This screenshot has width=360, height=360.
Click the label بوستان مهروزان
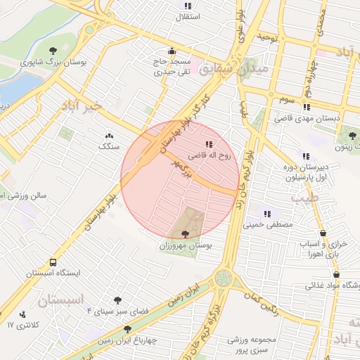[186, 246]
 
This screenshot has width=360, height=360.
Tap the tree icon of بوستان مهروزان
[185, 234]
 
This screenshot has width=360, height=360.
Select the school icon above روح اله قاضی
[208, 144]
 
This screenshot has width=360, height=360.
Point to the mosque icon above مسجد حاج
[172, 51]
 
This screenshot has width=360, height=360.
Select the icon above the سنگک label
[109, 135]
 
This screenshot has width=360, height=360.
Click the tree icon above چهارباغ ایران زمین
[127, 328]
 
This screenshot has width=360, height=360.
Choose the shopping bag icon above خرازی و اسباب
[323, 233]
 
